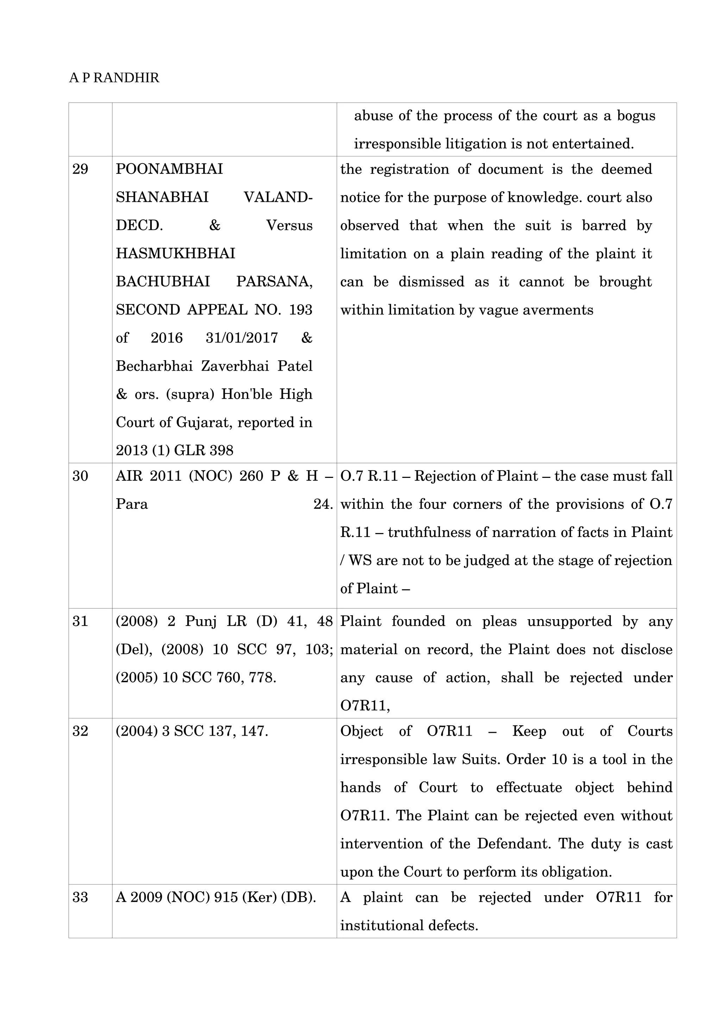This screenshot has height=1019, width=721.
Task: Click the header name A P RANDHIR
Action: (x=114, y=78)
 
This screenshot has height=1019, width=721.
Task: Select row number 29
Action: (x=80, y=169)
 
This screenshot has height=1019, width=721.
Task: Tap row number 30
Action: (x=80, y=476)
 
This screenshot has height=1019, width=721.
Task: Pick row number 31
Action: (x=80, y=621)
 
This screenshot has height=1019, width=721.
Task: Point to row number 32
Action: (x=80, y=731)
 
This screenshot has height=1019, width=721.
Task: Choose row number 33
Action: (x=80, y=897)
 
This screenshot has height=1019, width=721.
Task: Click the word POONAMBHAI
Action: (x=169, y=169)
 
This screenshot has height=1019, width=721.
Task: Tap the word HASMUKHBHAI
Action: (x=175, y=254)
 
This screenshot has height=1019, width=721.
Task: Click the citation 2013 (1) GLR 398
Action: (x=175, y=450)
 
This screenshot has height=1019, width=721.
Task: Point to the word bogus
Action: (x=636, y=116)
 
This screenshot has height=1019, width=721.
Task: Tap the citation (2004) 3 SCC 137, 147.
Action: (x=192, y=731)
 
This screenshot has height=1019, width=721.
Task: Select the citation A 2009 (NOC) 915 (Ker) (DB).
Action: (x=216, y=897)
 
